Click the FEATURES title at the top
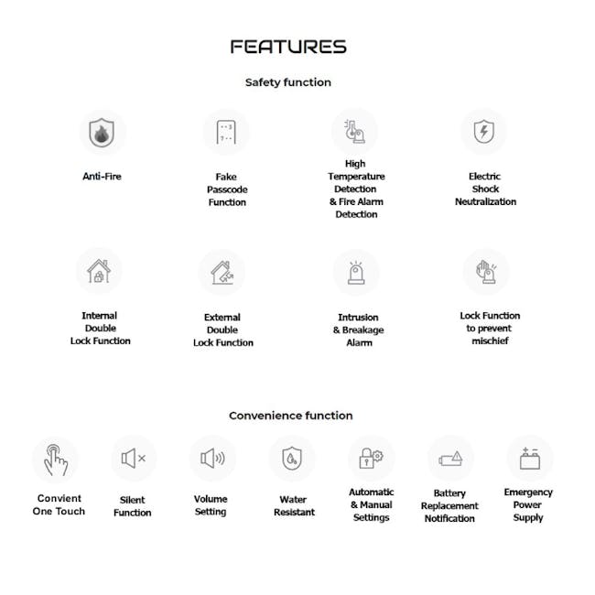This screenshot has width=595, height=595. [288, 47]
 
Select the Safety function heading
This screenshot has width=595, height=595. [288, 82]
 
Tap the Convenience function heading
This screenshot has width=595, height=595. [290, 416]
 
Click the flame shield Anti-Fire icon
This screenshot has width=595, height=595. [102, 134]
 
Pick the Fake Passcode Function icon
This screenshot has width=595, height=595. [226, 133]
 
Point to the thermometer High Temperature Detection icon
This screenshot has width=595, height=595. [354, 132]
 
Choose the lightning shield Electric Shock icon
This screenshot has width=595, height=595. [483, 133]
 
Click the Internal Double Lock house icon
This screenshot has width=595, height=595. [99, 271]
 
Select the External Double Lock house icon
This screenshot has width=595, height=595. [222, 272]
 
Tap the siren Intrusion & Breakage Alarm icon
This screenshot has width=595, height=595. [356, 272]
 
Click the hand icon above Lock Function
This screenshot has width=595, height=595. [485, 271]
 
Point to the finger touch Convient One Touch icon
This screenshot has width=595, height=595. [56, 459]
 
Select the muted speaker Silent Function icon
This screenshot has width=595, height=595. [134, 459]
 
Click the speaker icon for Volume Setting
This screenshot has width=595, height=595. [212, 458]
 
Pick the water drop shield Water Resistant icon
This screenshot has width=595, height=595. [291, 458]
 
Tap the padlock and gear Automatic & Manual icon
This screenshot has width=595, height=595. [371, 458]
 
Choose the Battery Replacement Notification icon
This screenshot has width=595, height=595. [450, 459]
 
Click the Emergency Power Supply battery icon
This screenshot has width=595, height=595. [529, 458]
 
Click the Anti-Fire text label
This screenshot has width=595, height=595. [102, 176]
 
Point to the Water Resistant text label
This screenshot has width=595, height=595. [292, 506]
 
